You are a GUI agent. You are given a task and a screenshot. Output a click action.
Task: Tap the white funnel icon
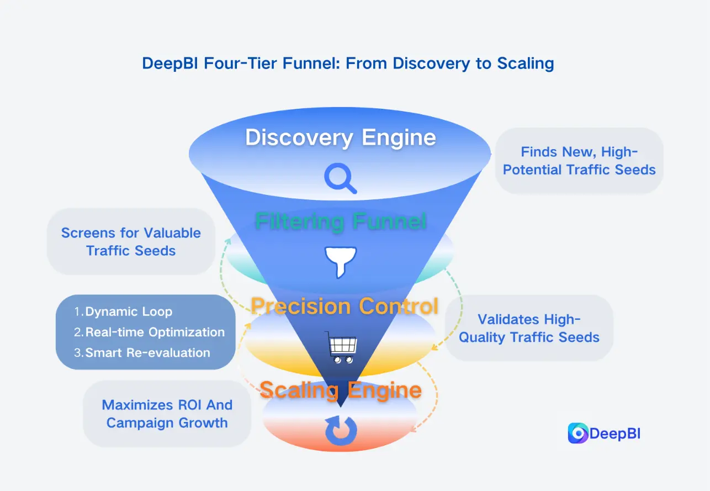click(341, 262)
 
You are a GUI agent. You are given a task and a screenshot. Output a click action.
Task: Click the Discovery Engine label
click(341, 138)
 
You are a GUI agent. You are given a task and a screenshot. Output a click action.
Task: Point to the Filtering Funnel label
click(341, 222)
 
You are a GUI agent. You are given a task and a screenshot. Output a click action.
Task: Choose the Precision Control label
click(344, 306)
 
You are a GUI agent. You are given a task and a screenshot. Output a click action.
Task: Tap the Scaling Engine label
click(341, 390)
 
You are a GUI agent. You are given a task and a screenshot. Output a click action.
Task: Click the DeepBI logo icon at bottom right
click(577, 434)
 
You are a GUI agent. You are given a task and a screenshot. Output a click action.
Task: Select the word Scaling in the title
click(525, 63)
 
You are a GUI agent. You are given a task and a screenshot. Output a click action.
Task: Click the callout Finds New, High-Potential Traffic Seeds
click(579, 161)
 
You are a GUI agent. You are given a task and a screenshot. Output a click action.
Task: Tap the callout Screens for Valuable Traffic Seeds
click(131, 241)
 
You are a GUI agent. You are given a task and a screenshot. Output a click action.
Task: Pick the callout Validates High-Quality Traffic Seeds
click(529, 328)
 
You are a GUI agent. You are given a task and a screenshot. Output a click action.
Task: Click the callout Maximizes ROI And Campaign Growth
click(167, 414)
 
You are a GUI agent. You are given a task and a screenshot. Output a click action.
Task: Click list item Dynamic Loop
click(129, 312)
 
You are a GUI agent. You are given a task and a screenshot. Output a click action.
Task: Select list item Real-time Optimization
click(155, 332)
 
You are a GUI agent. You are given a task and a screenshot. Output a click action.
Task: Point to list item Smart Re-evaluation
click(147, 353)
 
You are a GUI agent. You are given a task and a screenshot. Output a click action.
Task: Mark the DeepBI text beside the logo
click(614, 434)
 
